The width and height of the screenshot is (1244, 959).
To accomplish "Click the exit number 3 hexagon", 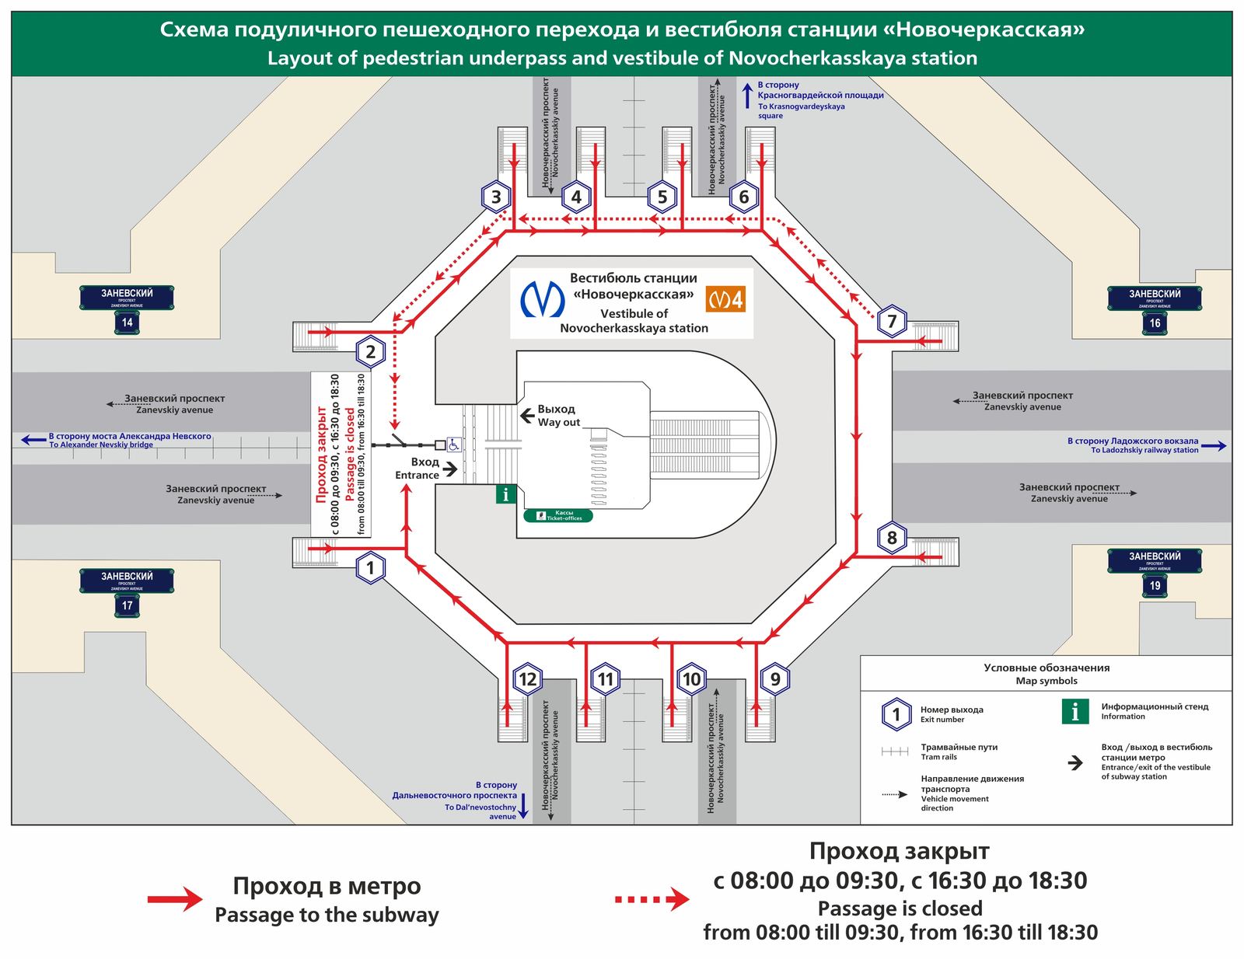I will click(496, 197).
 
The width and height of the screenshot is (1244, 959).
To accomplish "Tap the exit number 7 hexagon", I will click(892, 321).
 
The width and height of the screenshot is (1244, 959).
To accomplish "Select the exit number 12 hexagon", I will click(527, 679).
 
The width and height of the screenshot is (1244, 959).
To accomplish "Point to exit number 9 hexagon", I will click(775, 679).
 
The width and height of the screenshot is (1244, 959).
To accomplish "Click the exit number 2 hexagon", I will click(371, 352).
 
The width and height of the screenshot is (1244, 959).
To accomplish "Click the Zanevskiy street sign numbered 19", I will click(1155, 571).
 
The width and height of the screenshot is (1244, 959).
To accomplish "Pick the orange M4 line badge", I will click(725, 299).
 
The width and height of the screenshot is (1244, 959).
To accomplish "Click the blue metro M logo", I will click(543, 298).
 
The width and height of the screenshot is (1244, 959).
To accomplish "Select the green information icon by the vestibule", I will click(506, 493).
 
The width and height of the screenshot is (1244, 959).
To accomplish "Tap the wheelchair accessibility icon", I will click(454, 445).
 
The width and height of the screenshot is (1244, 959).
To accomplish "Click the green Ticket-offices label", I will click(558, 515).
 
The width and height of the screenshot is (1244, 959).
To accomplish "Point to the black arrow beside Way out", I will click(527, 415).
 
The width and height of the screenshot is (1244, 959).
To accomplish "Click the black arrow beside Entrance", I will click(449, 469).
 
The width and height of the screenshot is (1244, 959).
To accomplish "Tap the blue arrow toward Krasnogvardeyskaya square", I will click(747, 96).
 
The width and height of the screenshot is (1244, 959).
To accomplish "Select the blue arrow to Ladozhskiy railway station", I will click(1213, 446).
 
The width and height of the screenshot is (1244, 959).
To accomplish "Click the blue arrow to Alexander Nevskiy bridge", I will click(33, 440).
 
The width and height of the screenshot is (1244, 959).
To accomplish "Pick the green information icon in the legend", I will click(1075, 711).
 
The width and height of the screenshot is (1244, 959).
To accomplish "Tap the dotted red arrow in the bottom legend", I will click(652, 899).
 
